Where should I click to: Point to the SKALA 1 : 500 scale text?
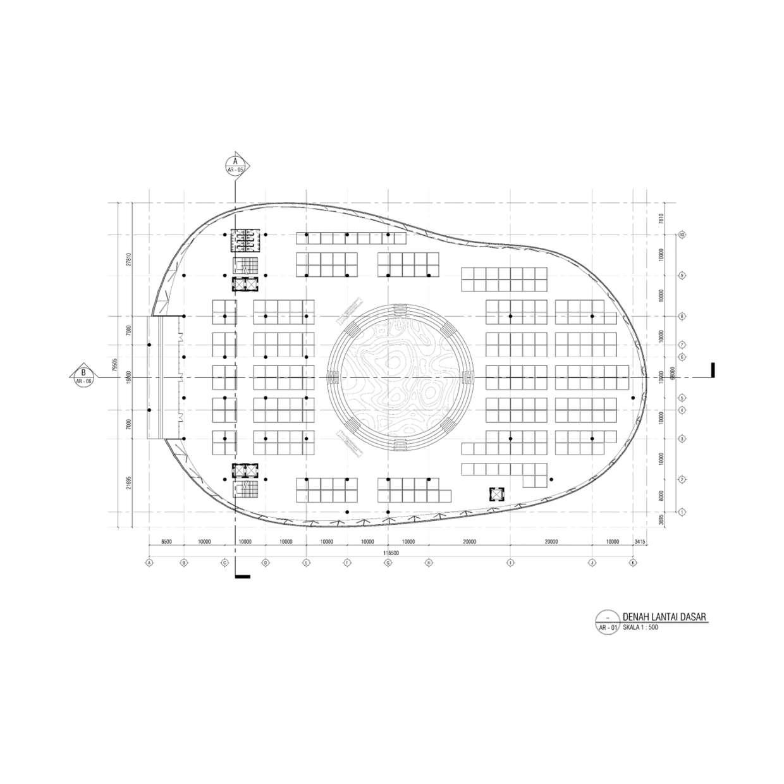(x=640, y=628)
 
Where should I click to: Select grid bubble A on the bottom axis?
(x=150, y=561)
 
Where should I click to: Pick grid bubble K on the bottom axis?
(x=633, y=561)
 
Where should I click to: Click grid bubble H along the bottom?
(x=429, y=561)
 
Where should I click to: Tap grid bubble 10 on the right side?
(x=682, y=235)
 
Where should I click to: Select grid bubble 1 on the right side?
(x=682, y=511)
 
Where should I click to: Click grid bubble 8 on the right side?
(x=682, y=315)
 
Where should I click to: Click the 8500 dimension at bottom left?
(x=167, y=542)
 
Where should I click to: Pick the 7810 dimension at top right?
(x=661, y=219)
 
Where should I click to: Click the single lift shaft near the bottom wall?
(x=496, y=494)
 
